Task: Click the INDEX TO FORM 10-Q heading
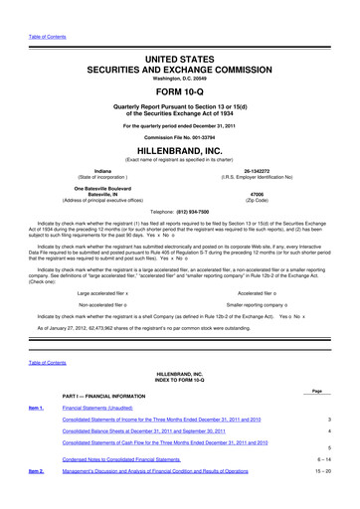pyautogui.click(x=179, y=383)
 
